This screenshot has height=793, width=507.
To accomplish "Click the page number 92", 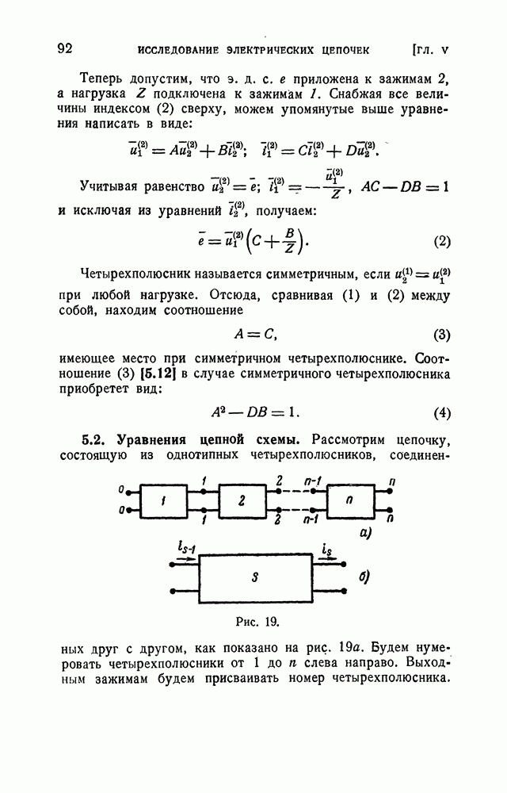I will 65,48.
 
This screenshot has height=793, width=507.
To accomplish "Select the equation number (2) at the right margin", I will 442,241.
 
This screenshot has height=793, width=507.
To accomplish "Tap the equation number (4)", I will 442,413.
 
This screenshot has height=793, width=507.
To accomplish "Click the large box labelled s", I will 255,577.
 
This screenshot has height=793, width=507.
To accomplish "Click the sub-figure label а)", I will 365,534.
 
